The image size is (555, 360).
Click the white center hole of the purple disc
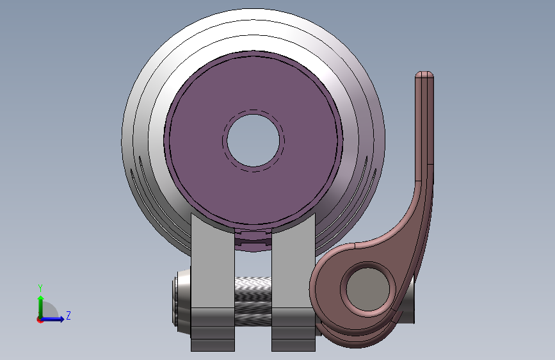point(253,140)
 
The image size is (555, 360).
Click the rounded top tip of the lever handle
point(424,74)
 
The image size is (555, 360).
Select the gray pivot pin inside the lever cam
point(367,289)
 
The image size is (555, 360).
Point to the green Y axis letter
point(40,288)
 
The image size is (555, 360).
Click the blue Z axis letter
point(68,315)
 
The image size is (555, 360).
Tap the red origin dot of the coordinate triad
point(40,320)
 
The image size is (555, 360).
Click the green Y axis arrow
point(41,307)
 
